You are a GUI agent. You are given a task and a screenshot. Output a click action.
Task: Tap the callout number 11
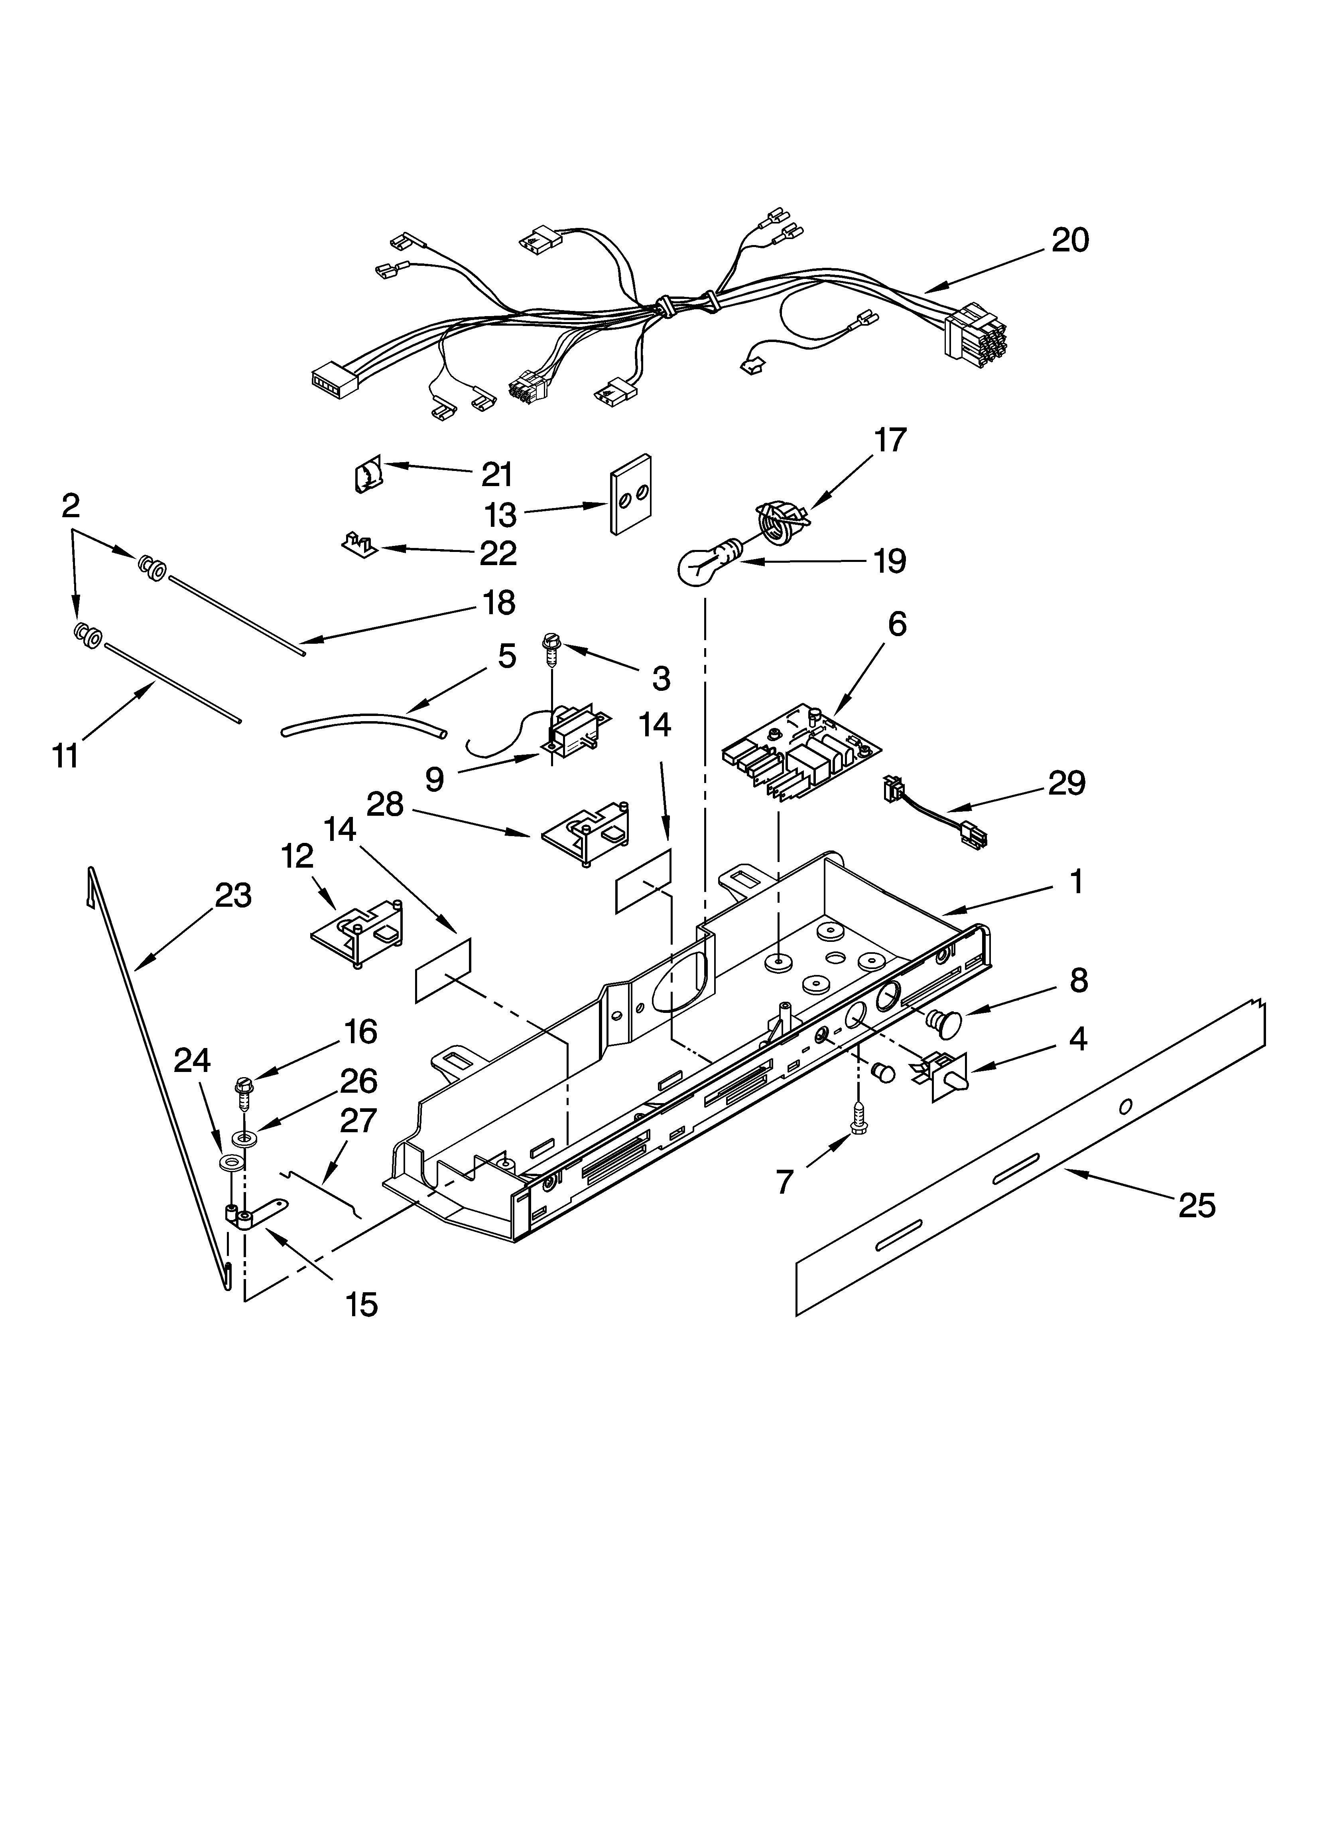click(x=65, y=756)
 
